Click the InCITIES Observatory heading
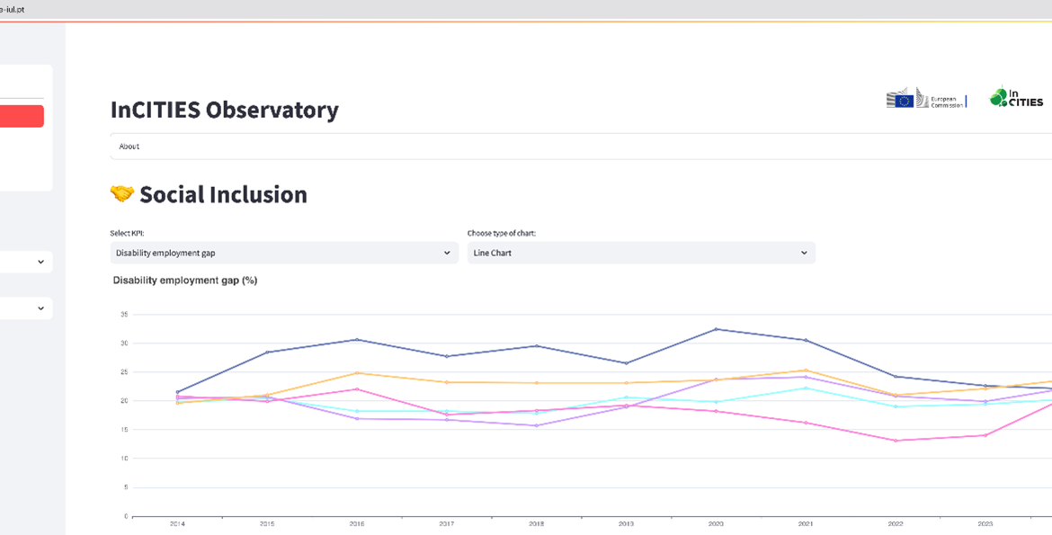[x=224, y=110]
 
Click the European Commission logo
[x=925, y=99]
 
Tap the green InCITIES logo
[x=1016, y=97]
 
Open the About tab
[x=129, y=147]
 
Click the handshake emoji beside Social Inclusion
[x=121, y=194]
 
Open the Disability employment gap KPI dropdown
[x=283, y=253]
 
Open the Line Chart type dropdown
[x=640, y=253]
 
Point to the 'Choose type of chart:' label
[x=501, y=233]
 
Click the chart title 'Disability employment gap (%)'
[x=185, y=281]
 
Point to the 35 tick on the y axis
[x=124, y=315]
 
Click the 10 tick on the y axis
[x=124, y=459]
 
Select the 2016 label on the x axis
[x=357, y=522]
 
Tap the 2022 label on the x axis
[x=895, y=522]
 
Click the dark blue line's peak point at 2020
[x=716, y=329]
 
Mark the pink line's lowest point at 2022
[x=895, y=441]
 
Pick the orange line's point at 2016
[x=357, y=373]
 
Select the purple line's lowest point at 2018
[x=537, y=425]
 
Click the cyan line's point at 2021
[x=806, y=388]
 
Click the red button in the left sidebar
[x=22, y=116]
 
